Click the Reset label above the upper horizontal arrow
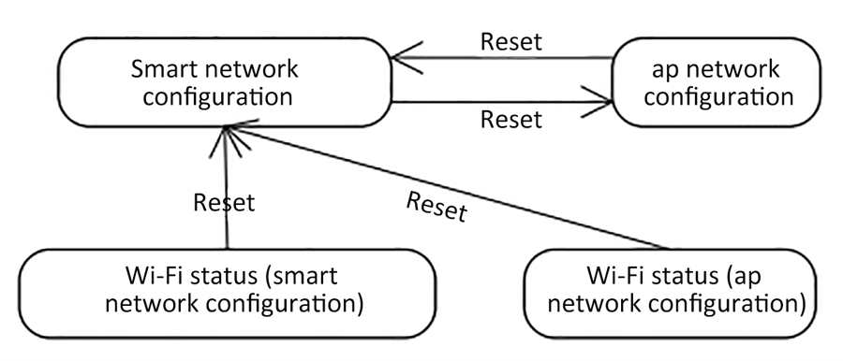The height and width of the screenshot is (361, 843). [510, 42]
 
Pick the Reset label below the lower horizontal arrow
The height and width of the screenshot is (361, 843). [510, 120]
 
